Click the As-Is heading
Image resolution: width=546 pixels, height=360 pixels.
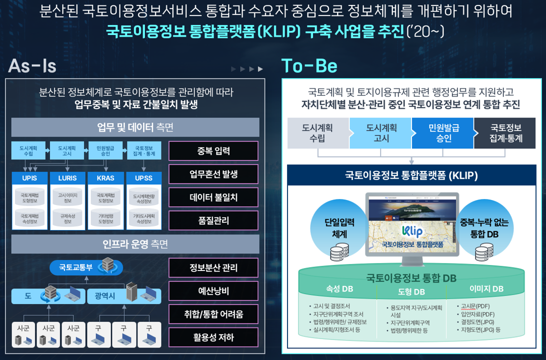tap(32, 66)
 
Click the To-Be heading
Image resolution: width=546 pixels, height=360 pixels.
tap(309, 66)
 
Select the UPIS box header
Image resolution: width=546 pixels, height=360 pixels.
tap(29, 178)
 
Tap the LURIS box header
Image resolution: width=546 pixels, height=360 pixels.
tap(67, 178)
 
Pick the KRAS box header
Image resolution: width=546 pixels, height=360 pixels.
tap(105, 178)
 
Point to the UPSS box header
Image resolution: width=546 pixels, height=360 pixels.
tap(143, 178)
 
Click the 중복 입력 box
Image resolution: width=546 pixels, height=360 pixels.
tap(213, 151)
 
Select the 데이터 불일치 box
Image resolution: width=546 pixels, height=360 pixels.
tap(213, 197)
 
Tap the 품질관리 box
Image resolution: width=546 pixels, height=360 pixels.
tap(213, 220)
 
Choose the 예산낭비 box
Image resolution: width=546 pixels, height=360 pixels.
tap(213, 291)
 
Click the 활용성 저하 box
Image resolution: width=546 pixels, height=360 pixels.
tap(213, 337)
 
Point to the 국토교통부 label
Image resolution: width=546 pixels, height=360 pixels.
tap(76, 267)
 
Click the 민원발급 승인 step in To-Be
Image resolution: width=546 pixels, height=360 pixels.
tap(442, 133)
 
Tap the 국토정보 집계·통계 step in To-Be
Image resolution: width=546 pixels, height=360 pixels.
tap(505, 133)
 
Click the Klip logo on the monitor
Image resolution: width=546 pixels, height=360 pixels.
tap(412, 231)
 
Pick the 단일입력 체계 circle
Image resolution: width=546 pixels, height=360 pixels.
tap(332, 227)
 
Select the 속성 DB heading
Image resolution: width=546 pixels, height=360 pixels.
tap(339, 288)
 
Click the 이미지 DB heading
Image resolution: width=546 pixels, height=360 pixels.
tap(486, 288)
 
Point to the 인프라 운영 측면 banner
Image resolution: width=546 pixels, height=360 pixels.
tap(135, 244)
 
